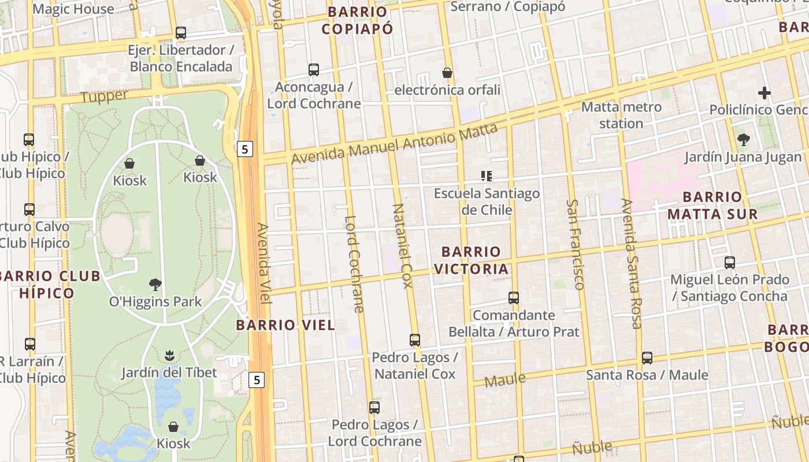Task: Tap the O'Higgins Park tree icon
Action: click(155, 284)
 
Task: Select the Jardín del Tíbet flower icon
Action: click(169, 355)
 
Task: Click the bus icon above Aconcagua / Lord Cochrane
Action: click(314, 70)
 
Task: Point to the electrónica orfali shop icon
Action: click(447, 73)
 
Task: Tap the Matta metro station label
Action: click(621, 115)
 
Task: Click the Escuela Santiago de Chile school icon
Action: click(487, 176)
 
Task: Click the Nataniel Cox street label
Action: click(402, 245)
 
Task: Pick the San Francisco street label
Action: click(576, 244)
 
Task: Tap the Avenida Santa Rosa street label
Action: click(632, 263)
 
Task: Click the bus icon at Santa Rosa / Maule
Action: click(647, 358)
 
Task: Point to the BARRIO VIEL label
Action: click(285, 325)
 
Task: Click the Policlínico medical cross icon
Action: click(765, 92)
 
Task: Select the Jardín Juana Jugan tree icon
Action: click(744, 140)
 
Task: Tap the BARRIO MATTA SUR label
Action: click(712, 206)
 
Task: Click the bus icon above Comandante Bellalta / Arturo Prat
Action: click(514, 298)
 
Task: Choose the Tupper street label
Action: click(104, 96)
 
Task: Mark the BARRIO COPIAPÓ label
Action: click(357, 20)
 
